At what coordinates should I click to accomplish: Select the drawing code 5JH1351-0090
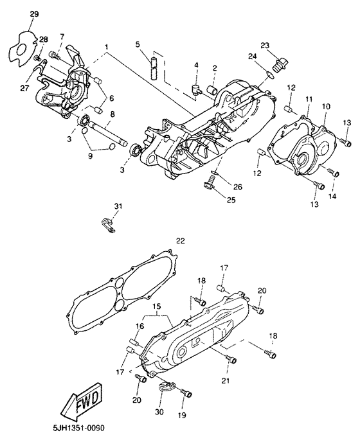(75, 429)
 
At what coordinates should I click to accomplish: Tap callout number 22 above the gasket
(181, 241)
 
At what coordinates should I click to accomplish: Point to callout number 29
(34, 13)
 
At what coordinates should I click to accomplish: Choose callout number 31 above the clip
(118, 206)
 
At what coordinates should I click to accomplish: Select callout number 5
(138, 44)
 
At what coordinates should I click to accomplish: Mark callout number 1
(106, 47)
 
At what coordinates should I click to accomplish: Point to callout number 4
(196, 65)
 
